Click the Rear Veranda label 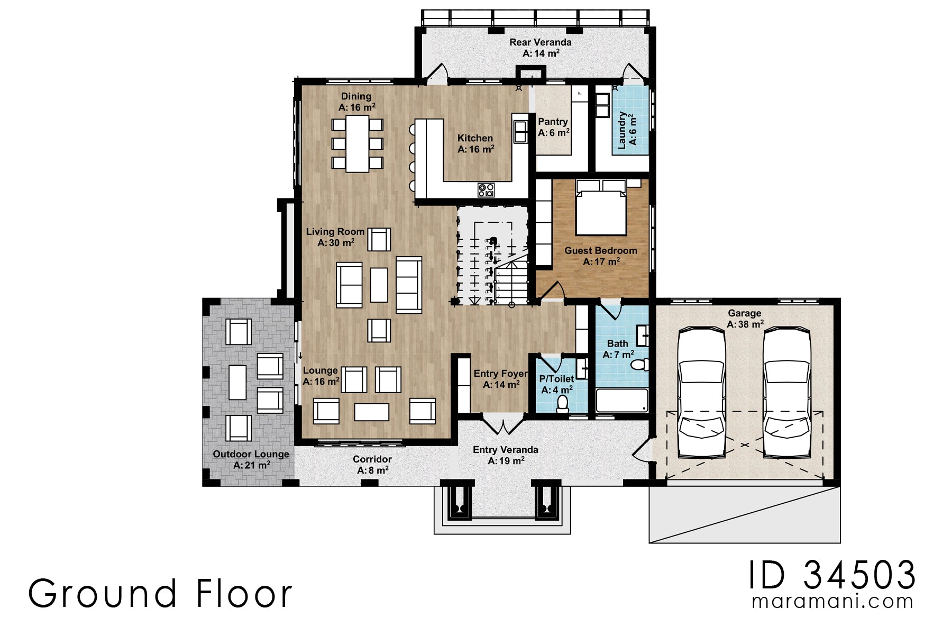click(x=540, y=42)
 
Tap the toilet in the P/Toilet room click(x=562, y=404)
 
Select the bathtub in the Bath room click(x=621, y=401)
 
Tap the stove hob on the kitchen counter click(x=486, y=189)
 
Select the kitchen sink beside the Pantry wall click(x=520, y=131)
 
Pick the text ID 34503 click(x=832, y=575)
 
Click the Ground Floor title click(x=160, y=594)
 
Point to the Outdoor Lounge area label click(x=251, y=454)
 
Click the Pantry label click(x=553, y=122)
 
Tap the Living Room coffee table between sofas click(x=379, y=285)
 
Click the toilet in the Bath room click(x=640, y=365)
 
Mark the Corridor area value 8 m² click(x=373, y=470)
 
